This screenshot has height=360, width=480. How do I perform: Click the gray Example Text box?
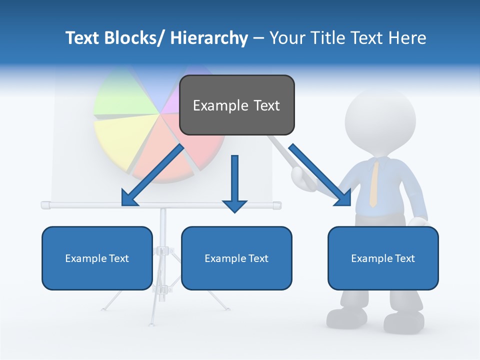236,105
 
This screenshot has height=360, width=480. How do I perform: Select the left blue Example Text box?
97,258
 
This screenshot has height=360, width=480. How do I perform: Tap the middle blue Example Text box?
236,258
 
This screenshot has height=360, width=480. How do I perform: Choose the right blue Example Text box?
383,258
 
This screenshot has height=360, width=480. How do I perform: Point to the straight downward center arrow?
234,185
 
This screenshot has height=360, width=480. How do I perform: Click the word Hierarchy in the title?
209,38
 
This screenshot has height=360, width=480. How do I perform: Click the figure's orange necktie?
373,182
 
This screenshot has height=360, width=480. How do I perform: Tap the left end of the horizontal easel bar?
46,204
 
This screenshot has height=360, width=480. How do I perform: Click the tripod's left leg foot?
104,308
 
